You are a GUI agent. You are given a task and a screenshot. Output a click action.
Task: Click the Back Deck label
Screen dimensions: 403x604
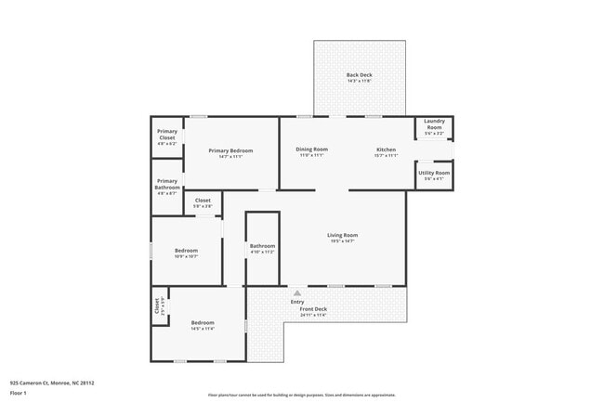(x=359, y=75)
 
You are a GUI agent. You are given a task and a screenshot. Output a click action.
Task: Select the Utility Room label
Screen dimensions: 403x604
(x=434, y=173)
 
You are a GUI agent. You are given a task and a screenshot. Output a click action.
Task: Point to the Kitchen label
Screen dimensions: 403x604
(x=387, y=149)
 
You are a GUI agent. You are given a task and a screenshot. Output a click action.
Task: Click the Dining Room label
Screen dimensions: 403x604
(x=312, y=149)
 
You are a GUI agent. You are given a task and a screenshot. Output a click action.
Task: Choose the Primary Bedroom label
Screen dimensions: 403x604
(x=230, y=150)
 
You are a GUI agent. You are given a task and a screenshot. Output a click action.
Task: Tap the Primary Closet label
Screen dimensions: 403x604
(x=167, y=135)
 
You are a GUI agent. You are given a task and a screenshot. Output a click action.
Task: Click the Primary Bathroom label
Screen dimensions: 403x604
(x=167, y=184)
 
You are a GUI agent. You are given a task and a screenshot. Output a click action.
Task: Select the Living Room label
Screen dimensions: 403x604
(x=342, y=235)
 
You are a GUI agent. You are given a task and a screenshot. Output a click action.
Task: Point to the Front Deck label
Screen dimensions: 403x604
(x=313, y=308)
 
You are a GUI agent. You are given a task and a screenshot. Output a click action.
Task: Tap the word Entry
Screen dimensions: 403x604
(x=297, y=301)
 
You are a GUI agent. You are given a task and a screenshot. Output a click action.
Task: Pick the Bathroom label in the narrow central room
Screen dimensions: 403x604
(x=263, y=246)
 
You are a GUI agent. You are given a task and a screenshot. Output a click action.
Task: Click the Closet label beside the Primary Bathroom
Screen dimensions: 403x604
(x=203, y=200)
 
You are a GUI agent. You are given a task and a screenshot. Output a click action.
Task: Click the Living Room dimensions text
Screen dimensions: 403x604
(x=342, y=241)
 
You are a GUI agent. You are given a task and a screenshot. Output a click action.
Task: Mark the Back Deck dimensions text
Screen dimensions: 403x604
(x=359, y=82)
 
